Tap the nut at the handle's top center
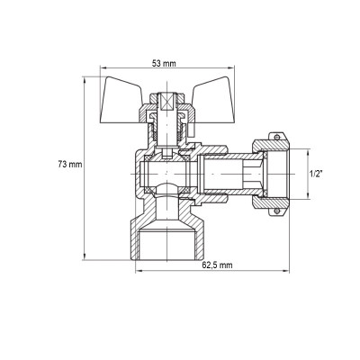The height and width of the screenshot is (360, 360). [x=167, y=94]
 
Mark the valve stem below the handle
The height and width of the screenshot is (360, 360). [x=167, y=130]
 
